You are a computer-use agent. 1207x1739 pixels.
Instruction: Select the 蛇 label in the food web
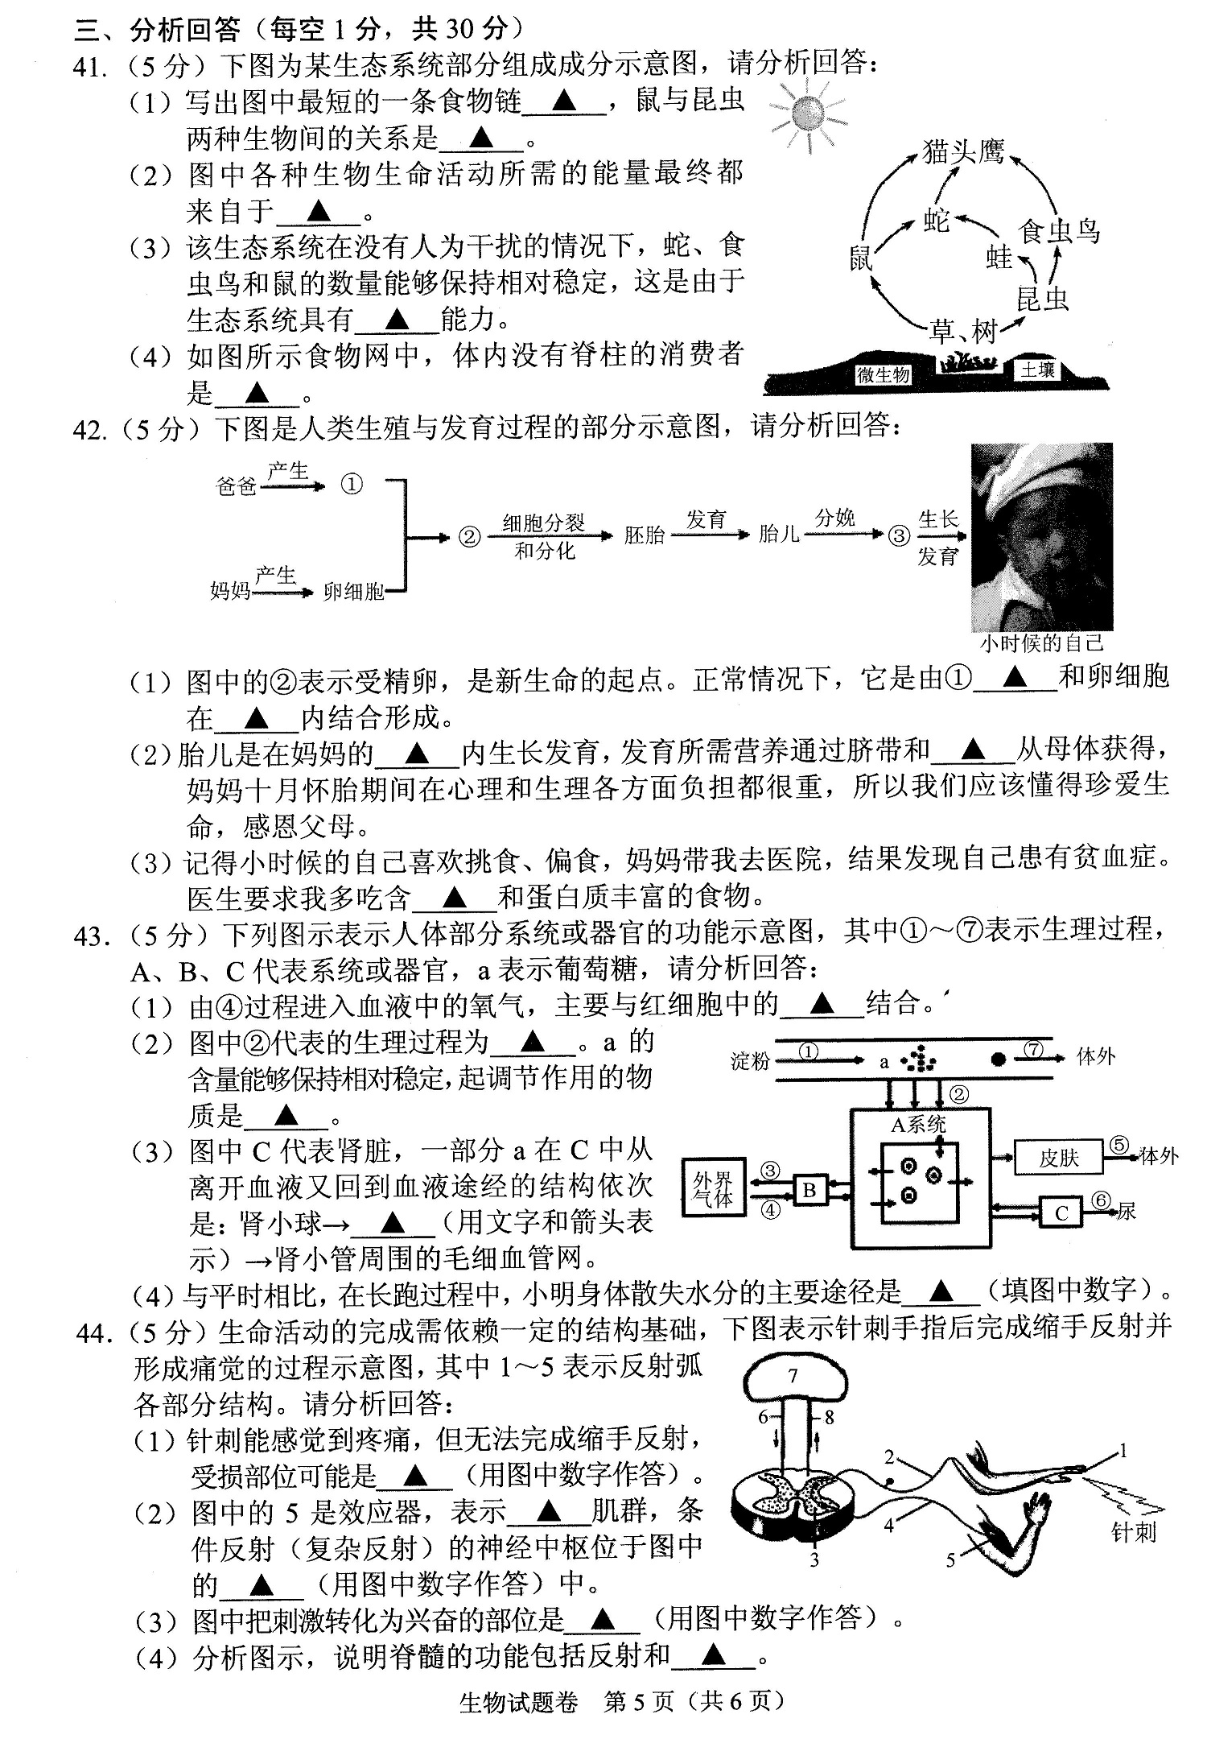coord(937,219)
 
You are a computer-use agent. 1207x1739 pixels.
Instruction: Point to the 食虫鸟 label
coord(1058,231)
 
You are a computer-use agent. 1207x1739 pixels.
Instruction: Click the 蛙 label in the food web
coord(999,257)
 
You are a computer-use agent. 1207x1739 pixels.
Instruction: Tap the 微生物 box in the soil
coord(883,374)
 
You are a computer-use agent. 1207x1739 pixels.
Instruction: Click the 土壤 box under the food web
coord(1037,370)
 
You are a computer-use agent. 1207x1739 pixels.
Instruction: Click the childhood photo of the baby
coord(1042,536)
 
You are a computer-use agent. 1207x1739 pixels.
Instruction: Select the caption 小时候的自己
coord(1042,643)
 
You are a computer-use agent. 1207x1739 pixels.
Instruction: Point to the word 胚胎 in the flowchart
coord(644,535)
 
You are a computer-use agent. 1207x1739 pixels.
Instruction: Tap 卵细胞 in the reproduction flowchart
coord(353,592)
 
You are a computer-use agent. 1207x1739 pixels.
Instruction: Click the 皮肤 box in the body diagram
coord(1058,1158)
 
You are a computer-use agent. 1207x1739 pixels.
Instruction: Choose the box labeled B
coord(810,1190)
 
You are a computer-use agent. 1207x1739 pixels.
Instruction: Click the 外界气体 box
coord(714,1189)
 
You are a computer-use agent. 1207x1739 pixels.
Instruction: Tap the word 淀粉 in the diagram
coord(750,1061)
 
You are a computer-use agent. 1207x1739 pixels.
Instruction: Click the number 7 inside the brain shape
coord(793,1376)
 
